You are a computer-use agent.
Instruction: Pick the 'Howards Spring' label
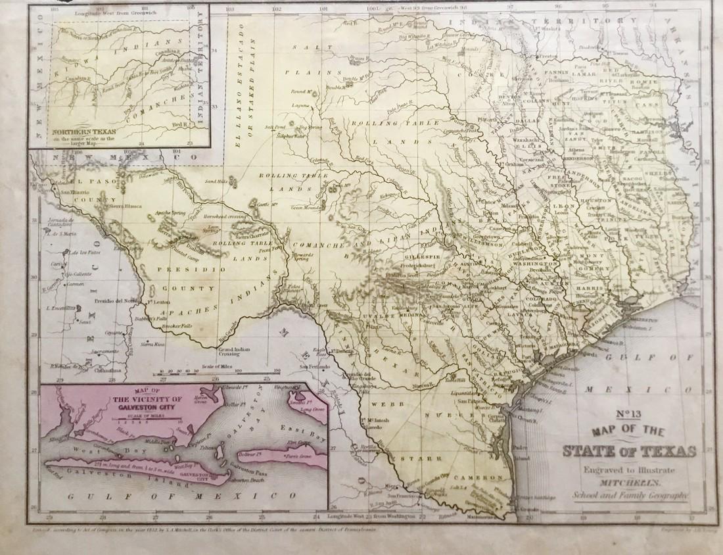(x=302, y=257)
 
